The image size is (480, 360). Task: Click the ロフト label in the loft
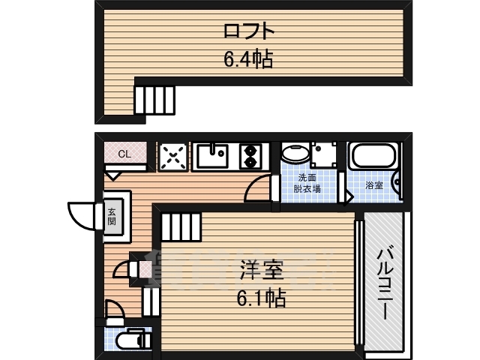tap(247, 31)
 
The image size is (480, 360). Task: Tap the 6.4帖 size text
tap(247, 58)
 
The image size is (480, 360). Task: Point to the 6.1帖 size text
tap(260, 298)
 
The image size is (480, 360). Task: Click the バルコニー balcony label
tap(385, 282)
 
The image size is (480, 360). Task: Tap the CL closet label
tap(124, 154)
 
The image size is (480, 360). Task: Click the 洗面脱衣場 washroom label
tap(307, 183)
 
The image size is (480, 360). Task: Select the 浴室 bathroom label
tap(375, 184)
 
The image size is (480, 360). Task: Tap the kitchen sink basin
tap(213, 157)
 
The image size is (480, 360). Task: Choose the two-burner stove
tap(250, 156)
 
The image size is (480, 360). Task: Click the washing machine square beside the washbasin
tap(325, 154)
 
